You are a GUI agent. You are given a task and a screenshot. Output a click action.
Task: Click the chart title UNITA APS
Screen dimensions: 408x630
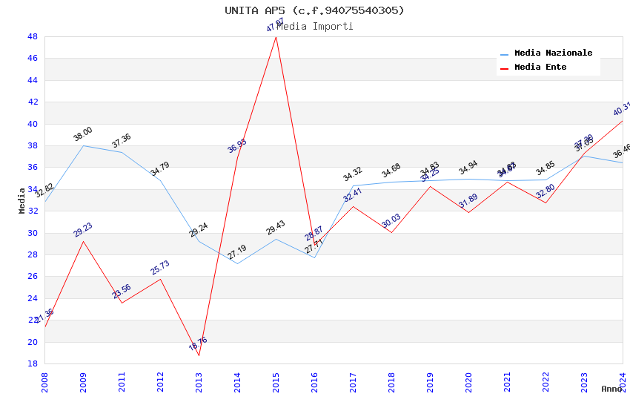click(x=314, y=10)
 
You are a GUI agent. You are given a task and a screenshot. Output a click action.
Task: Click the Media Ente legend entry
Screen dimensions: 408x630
click(x=540, y=68)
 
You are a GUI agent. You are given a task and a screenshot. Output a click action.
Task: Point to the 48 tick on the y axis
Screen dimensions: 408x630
click(x=33, y=36)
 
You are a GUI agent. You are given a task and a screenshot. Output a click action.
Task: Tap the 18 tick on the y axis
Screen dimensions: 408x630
click(x=33, y=363)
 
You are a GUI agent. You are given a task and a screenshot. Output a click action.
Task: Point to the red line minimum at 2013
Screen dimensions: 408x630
click(x=199, y=355)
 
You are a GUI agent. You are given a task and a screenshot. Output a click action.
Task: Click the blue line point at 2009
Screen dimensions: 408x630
click(x=83, y=145)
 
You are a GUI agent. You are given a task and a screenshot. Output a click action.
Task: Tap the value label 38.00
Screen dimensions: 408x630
click(x=83, y=134)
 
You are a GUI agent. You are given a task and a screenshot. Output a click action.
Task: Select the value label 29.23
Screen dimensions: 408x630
click(x=83, y=230)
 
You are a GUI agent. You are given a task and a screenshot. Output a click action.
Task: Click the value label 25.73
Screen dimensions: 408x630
click(x=160, y=268)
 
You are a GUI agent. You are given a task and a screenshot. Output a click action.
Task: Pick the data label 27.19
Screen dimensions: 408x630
click(x=237, y=252)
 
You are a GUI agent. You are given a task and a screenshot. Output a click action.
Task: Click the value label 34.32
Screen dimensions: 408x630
click(x=353, y=175)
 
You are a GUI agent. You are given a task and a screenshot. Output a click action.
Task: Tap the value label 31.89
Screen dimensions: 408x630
click(x=468, y=201)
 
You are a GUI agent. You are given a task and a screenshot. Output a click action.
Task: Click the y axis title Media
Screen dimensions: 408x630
click(x=22, y=200)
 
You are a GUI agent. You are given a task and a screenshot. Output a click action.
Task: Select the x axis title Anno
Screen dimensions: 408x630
click(x=611, y=389)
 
